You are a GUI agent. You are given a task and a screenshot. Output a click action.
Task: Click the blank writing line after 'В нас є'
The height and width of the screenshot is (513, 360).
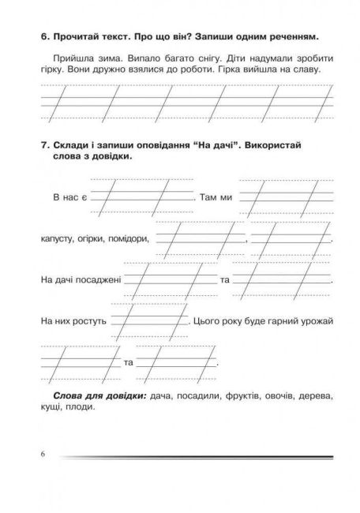click(142, 197)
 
